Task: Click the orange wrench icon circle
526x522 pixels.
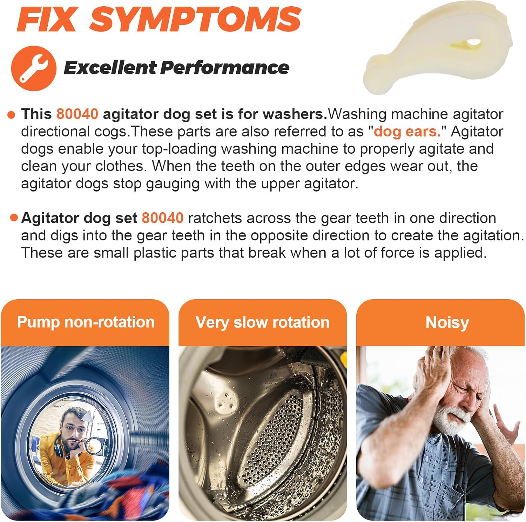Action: pyautogui.click(x=34, y=68)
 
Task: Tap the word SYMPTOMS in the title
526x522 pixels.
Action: pyautogui.click(x=195, y=19)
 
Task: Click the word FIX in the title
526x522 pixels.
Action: pyautogui.click(x=46, y=19)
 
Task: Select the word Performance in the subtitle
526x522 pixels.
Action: pyautogui.click(x=225, y=67)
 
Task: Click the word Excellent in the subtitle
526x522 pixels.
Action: pyautogui.click(x=110, y=67)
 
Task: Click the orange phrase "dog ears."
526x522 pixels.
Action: pyautogui.click(x=407, y=132)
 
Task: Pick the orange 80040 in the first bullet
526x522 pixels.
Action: pyautogui.click(x=77, y=114)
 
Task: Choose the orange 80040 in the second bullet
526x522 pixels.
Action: pyautogui.click(x=162, y=218)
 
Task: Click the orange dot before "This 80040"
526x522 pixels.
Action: pyautogui.click(x=12, y=115)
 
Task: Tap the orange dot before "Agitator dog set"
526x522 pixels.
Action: pyautogui.click(x=14, y=218)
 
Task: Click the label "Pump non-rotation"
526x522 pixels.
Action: pyautogui.click(x=86, y=322)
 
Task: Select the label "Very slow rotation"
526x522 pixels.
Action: pyautogui.click(x=262, y=322)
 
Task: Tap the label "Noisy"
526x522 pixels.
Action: pyautogui.click(x=447, y=322)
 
